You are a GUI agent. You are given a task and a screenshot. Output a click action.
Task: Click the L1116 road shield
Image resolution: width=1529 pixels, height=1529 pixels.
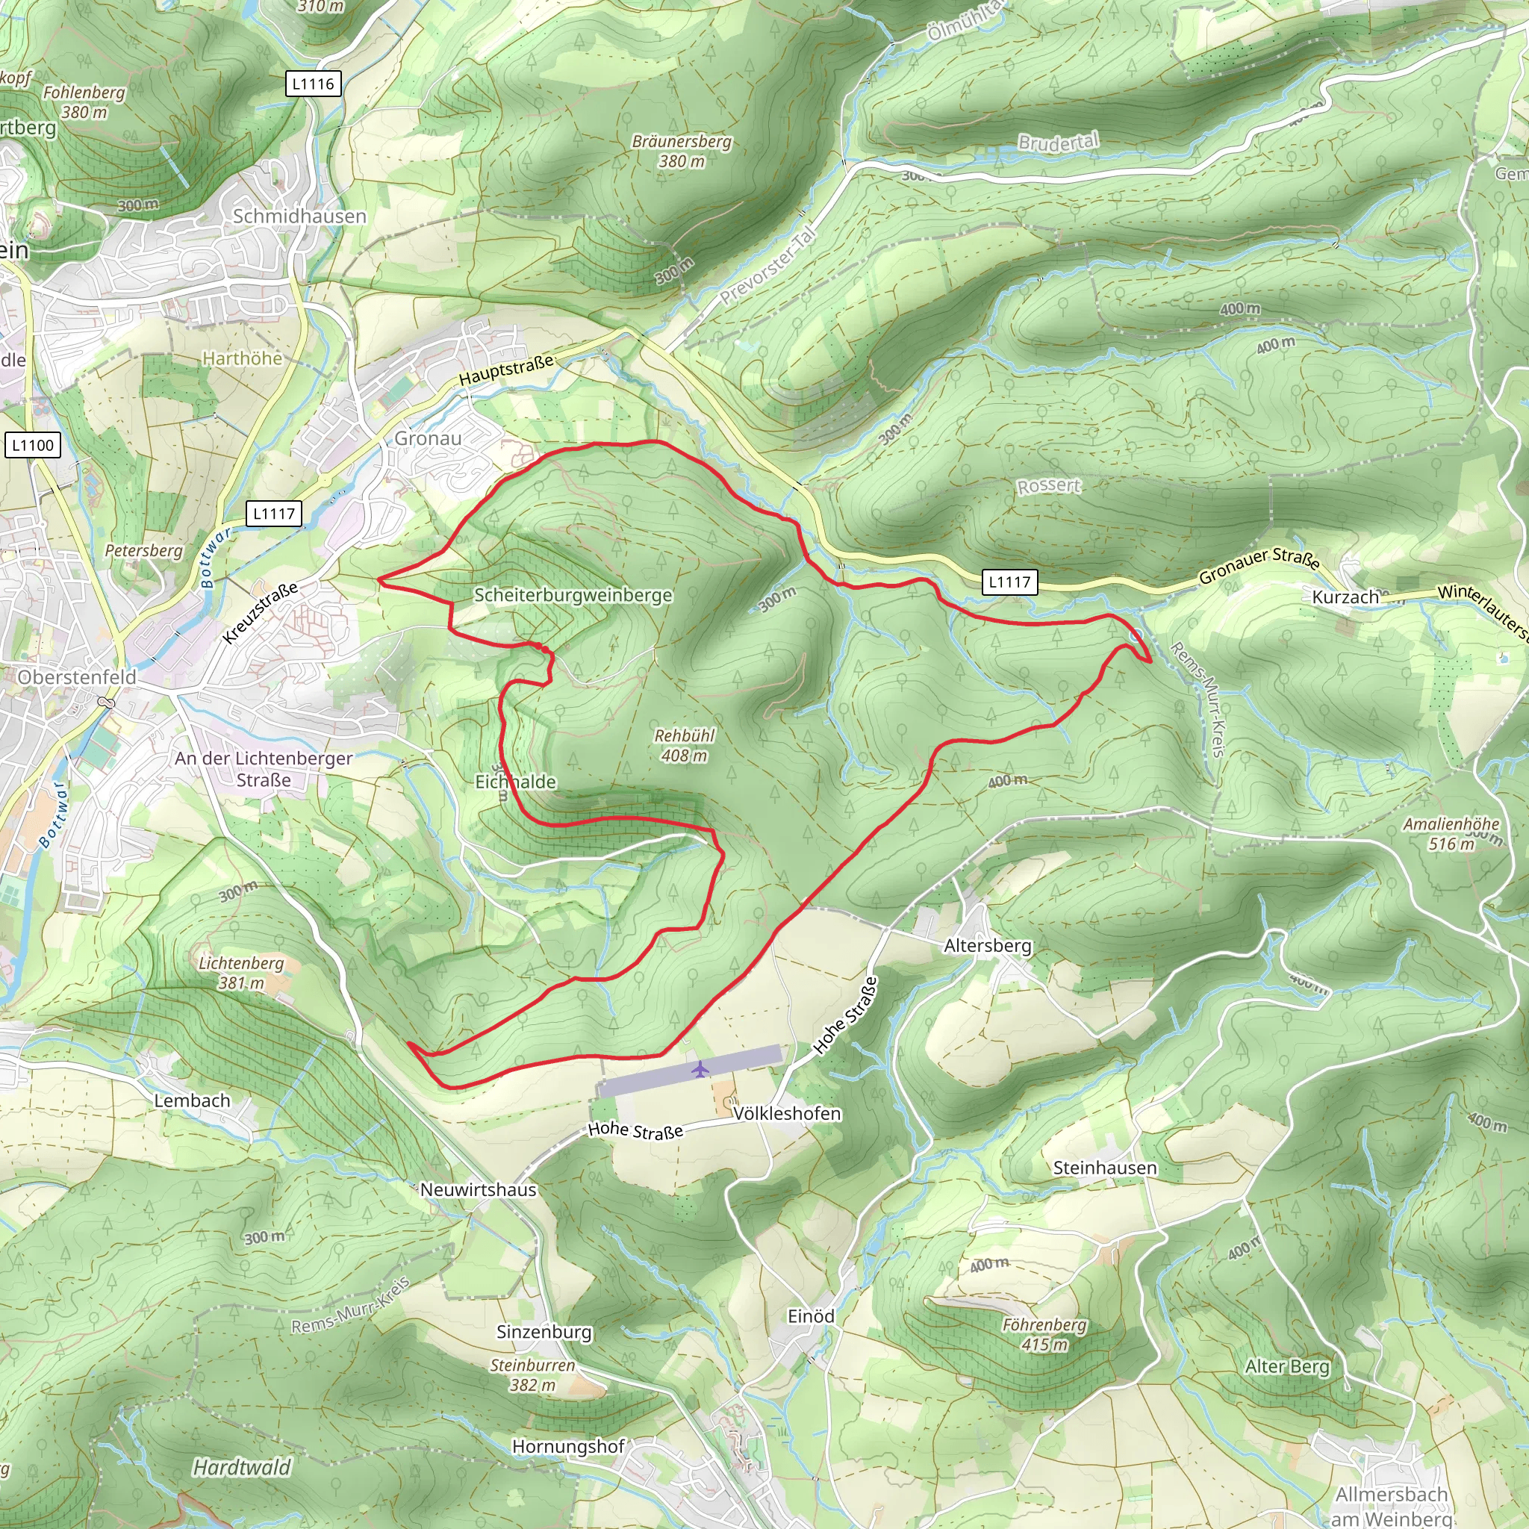pyautogui.click(x=314, y=84)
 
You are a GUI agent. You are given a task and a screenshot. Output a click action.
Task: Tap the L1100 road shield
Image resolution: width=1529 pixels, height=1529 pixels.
pyautogui.click(x=32, y=445)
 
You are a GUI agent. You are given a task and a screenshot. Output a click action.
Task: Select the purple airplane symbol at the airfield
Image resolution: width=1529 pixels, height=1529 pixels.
pyautogui.click(x=700, y=1070)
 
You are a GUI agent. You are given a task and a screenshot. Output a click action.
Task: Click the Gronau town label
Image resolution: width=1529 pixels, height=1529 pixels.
pyautogui.click(x=427, y=438)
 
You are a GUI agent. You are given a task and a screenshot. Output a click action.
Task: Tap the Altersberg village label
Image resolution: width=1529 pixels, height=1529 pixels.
pyautogui.click(x=988, y=946)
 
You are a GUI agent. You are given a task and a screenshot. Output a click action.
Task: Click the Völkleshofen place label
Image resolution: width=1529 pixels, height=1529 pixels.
pyautogui.click(x=787, y=1113)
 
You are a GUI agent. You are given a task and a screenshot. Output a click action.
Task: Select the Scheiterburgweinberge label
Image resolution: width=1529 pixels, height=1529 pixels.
pyautogui.click(x=573, y=595)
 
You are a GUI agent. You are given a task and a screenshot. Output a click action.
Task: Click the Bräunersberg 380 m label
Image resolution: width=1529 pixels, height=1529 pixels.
pyautogui.click(x=682, y=151)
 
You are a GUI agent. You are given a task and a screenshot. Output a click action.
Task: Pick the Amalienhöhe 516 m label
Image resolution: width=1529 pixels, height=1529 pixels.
pyautogui.click(x=1451, y=834)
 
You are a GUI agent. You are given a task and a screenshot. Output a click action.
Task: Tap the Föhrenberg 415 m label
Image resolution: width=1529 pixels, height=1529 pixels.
pyautogui.click(x=1044, y=1334)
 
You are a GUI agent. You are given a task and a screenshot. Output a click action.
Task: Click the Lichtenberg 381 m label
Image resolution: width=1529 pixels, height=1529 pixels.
pyautogui.click(x=241, y=973)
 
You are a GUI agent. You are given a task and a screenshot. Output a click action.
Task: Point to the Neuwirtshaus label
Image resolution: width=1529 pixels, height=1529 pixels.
pyautogui.click(x=478, y=1189)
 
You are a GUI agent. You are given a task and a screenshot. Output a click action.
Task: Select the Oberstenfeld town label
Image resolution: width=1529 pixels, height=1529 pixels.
pyautogui.click(x=77, y=677)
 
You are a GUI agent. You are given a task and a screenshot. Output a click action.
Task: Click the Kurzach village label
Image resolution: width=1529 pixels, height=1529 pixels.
pyautogui.click(x=1345, y=597)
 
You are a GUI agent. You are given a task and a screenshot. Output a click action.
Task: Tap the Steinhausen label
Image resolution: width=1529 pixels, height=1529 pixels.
pyautogui.click(x=1105, y=1168)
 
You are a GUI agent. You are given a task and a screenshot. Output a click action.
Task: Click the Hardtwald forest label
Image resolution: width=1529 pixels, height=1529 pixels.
pyautogui.click(x=242, y=1467)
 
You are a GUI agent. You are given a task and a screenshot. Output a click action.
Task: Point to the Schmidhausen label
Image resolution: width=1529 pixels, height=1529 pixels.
pyautogui.click(x=299, y=216)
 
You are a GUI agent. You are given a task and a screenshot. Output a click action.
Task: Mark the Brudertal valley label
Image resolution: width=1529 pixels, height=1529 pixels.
pyautogui.click(x=1058, y=143)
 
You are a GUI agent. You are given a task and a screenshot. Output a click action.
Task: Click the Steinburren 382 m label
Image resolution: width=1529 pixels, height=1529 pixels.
pyautogui.click(x=532, y=1374)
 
